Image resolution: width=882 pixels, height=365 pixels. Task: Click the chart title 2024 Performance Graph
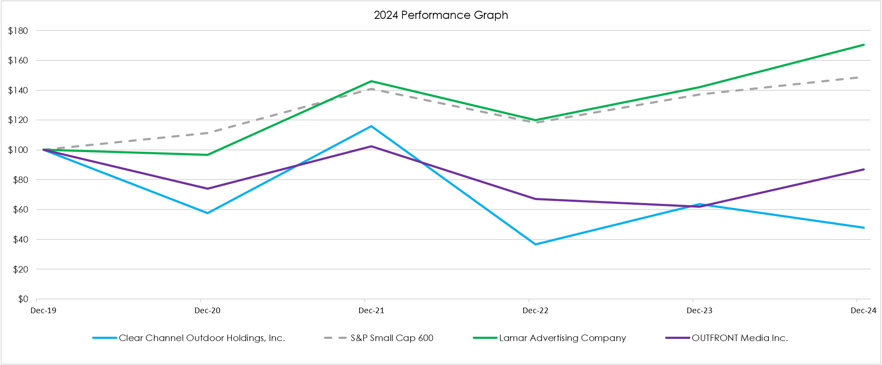(x=441, y=15)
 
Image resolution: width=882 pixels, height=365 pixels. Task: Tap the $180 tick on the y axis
(x=18, y=31)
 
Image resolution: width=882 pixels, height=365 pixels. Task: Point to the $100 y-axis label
(x=18, y=150)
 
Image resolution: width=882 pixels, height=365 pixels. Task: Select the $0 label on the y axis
(x=23, y=299)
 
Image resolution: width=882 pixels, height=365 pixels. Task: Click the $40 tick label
(x=20, y=239)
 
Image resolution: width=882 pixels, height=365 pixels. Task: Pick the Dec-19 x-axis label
(x=43, y=311)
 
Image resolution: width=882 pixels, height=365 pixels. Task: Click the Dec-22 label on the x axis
(x=535, y=311)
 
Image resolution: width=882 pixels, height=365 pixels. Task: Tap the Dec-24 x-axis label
(x=863, y=311)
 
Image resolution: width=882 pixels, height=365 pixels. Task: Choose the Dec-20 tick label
(x=207, y=311)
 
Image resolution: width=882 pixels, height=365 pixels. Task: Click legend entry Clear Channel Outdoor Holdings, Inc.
(x=201, y=338)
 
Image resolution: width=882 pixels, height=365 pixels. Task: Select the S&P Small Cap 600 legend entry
(x=392, y=338)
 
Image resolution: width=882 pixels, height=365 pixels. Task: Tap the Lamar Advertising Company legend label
(x=562, y=338)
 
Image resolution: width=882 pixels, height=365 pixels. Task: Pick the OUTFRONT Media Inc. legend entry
(x=739, y=338)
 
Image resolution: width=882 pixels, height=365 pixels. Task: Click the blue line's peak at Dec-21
(x=371, y=126)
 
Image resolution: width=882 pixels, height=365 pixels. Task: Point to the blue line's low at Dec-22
(x=535, y=244)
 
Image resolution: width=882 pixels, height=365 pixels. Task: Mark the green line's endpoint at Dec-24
(x=864, y=45)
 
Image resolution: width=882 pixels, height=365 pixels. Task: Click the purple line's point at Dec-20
(x=207, y=188)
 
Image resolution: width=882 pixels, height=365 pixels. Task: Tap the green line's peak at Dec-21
(x=371, y=81)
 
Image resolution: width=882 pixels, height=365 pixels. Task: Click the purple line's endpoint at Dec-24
(x=864, y=169)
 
